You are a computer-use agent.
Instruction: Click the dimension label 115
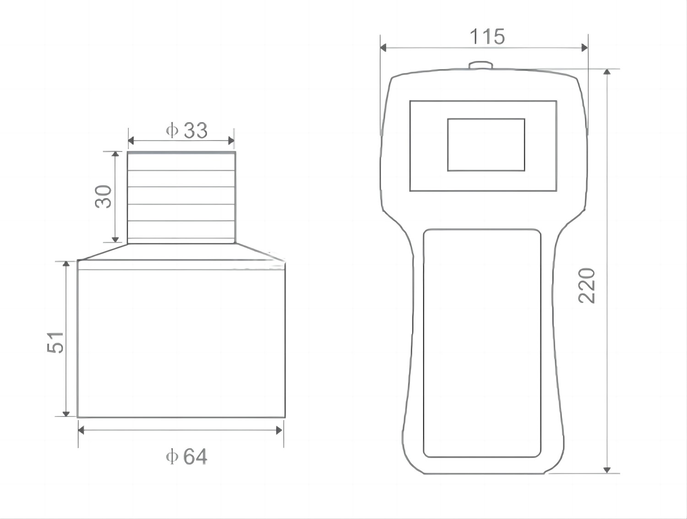[x=487, y=37]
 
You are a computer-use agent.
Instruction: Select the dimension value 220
[x=587, y=286]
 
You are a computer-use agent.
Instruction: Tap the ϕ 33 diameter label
[x=187, y=131]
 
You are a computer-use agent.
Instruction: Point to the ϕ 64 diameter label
[x=186, y=457]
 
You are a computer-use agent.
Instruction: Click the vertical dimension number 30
[x=104, y=196]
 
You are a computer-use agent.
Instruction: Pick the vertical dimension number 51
[x=56, y=342]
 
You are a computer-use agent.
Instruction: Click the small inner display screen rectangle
[x=486, y=145]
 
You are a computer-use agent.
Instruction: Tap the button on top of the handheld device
[x=480, y=65]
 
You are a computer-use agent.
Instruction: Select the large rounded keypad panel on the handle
[x=482, y=343]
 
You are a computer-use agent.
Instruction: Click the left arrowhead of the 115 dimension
[x=384, y=48]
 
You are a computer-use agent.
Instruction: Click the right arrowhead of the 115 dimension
[x=584, y=48]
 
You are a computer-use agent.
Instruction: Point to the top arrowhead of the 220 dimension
[x=607, y=72]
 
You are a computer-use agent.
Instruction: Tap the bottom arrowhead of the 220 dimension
[x=607, y=470]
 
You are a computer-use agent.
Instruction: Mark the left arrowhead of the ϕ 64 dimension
[x=82, y=430]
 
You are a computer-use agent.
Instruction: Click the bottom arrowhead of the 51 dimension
[x=66, y=413]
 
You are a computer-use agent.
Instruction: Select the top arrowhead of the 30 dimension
[x=116, y=155]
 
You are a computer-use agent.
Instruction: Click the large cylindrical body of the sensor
[x=181, y=343]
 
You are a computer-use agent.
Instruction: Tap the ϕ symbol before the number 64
[x=172, y=457]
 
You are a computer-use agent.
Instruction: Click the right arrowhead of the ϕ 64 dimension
[x=279, y=430]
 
